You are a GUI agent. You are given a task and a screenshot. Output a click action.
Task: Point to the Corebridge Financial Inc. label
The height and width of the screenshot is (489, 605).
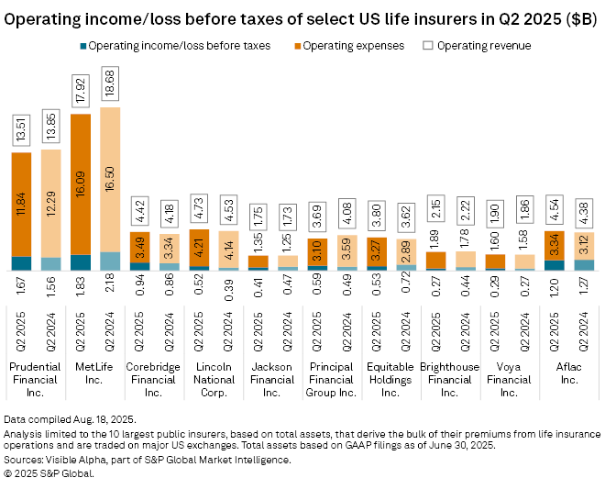point(153,379)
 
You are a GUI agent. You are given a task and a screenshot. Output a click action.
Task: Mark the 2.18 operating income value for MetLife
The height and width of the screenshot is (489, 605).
point(109,284)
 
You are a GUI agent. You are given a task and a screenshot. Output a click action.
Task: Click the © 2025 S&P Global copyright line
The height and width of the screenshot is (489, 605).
point(49,473)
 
